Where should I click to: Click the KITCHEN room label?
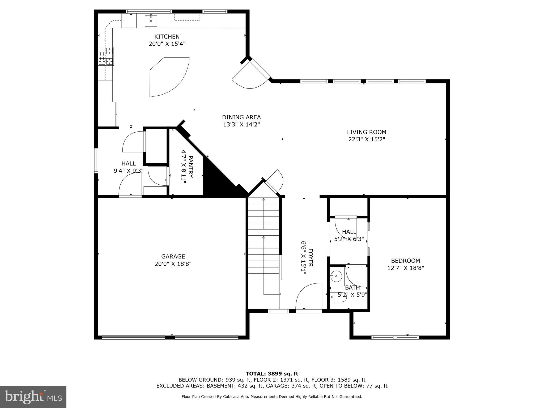click(x=167, y=37)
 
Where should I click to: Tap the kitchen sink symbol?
click(x=151, y=21)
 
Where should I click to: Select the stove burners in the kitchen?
click(x=106, y=56)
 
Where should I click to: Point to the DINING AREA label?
click(x=241, y=117)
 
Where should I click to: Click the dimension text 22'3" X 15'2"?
click(x=367, y=139)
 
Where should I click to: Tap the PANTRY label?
click(x=190, y=167)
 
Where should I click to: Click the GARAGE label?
click(x=173, y=257)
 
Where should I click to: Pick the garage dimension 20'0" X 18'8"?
click(x=173, y=264)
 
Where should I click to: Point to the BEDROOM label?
click(x=405, y=261)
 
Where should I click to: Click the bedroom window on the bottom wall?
click(x=395, y=337)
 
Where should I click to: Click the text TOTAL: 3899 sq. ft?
click(x=272, y=374)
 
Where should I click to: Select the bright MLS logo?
click(x=33, y=397)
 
